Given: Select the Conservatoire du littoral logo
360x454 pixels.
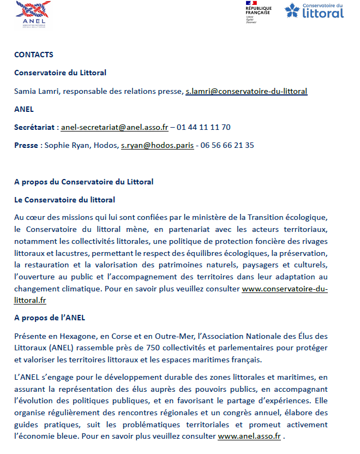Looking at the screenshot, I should [x=314, y=11].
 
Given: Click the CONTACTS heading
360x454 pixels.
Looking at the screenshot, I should [x=33, y=55].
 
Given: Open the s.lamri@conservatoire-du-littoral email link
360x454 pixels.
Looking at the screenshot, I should [x=246, y=91].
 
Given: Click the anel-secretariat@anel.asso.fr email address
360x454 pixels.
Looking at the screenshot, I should [x=115, y=127].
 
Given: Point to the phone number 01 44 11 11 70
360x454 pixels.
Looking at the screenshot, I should [x=203, y=127].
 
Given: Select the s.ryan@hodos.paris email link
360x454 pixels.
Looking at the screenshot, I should [x=157, y=145].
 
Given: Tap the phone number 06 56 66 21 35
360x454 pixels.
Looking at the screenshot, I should [x=227, y=145].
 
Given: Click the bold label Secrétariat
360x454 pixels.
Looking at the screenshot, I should [x=34, y=127].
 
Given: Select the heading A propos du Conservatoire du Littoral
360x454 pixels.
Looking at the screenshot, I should [x=83, y=181].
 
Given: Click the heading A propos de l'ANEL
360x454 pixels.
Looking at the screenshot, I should [x=50, y=318].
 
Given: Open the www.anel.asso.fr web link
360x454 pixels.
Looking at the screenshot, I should [x=249, y=436].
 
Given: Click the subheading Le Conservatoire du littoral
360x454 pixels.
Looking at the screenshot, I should [x=64, y=200].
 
